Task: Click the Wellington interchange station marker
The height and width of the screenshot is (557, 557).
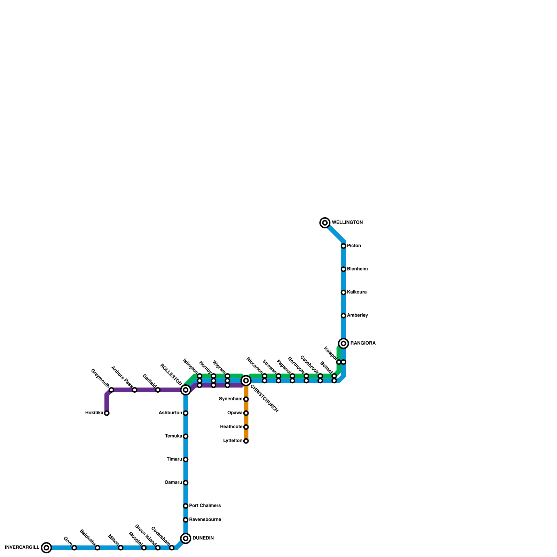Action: (x=325, y=223)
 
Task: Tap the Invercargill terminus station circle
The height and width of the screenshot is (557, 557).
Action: (x=46, y=548)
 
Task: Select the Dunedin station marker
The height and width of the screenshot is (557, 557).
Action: (x=186, y=539)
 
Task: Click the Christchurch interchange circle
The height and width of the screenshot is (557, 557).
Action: (x=246, y=381)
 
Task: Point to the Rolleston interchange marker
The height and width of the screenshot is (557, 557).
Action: (x=186, y=390)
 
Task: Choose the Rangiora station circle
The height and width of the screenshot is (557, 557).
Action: (x=344, y=344)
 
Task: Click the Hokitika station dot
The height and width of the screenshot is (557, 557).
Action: (x=107, y=413)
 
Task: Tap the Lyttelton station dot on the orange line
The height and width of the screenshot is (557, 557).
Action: (x=246, y=441)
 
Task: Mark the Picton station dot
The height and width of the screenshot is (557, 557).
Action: (x=344, y=246)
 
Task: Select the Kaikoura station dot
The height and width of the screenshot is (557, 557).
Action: (x=344, y=292)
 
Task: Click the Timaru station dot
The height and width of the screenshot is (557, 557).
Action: (x=186, y=460)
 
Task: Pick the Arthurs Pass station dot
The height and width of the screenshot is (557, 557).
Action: (x=135, y=390)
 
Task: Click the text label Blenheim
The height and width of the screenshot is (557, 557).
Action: (x=357, y=269)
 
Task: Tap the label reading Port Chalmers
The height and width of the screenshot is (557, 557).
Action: (x=205, y=506)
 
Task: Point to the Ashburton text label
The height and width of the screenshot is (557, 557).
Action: (x=170, y=413)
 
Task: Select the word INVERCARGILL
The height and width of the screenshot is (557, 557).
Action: (x=22, y=548)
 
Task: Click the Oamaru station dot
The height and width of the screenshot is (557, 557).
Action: (x=186, y=483)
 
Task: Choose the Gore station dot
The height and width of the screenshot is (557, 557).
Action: (x=74, y=548)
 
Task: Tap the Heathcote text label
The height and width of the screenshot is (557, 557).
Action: (x=231, y=427)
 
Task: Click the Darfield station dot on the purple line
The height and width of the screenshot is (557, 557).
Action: (x=158, y=390)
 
